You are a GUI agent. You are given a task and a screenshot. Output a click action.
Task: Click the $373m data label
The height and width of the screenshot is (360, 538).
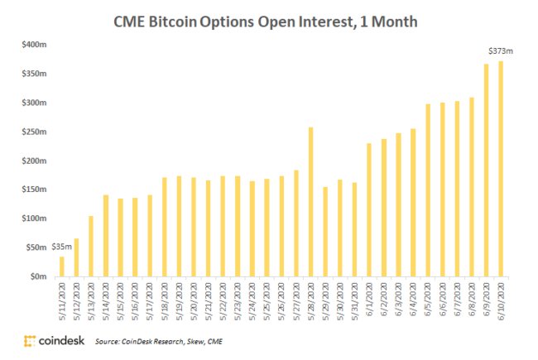point(501,51)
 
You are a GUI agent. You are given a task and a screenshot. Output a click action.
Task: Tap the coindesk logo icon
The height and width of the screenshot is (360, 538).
point(30,340)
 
